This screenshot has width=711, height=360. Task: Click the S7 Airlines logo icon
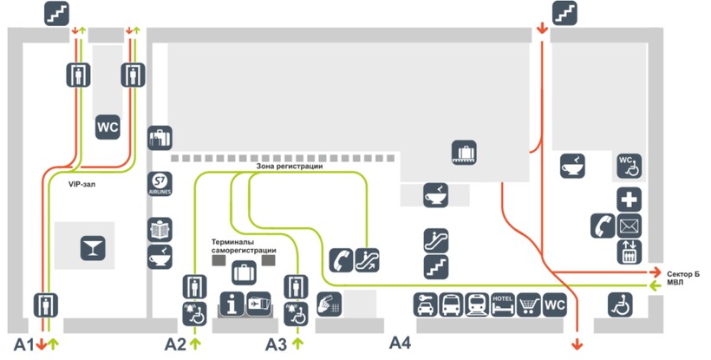pos(160,185)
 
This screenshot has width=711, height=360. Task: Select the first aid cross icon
pos(629,199)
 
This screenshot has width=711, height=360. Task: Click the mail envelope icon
pos(629,226)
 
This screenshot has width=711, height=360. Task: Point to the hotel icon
pos(503,305)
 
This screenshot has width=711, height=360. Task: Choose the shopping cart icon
pos(529,305)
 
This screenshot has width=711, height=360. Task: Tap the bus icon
pos(452,305)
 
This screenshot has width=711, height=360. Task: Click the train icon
pos(478,305)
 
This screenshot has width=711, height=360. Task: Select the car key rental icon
pos(427,305)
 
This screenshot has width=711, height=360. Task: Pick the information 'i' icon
pos(231,304)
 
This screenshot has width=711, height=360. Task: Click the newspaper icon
pos(160,230)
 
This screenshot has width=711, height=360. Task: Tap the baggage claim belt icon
pos(466,153)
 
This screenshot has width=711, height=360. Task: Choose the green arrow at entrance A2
pos(194,344)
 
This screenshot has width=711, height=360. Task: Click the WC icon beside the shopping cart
pos(554,305)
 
